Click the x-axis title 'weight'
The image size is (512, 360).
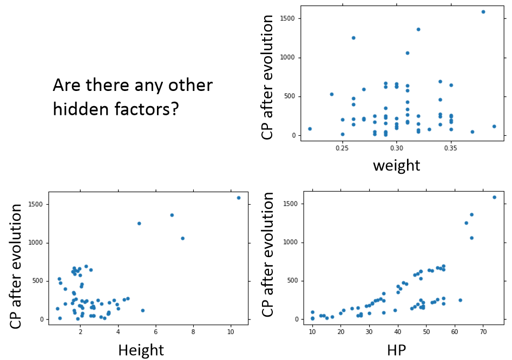click(x=397, y=165)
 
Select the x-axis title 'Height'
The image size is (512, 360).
click(x=141, y=350)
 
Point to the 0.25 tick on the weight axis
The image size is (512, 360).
click(x=342, y=147)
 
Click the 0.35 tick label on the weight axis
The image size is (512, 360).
click(x=451, y=147)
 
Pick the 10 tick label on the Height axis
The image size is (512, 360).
click(x=231, y=331)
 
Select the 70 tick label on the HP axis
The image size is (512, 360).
click(x=483, y=331)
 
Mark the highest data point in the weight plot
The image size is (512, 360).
click(x=483, y=12)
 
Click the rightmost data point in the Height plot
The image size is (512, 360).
click(x=239, y=198)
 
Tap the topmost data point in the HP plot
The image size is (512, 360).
click(x=494, y=197)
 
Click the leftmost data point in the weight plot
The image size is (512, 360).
click(x=310, y=129)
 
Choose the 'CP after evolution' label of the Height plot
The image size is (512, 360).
click(x=18, y=265)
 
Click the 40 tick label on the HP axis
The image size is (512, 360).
click(x=398, y=331)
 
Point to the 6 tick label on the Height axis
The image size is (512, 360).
click(x=156, y=331)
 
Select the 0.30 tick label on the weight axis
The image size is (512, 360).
click(x=397, y=147)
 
